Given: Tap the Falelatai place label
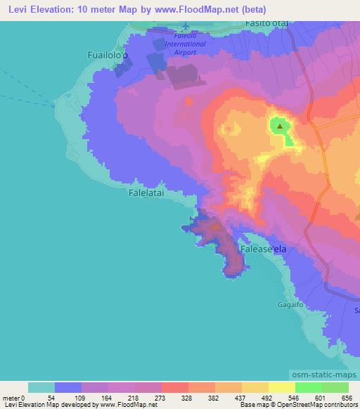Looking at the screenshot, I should [x=148, y=190].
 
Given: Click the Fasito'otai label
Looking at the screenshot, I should [x=268, y=24].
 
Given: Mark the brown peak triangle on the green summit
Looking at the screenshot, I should [x=280, y=126].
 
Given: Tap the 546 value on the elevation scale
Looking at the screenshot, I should [x=284, y=397].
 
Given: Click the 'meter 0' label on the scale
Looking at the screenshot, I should [x=15, y=397].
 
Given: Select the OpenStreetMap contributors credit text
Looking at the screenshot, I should [x=321, y=405].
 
